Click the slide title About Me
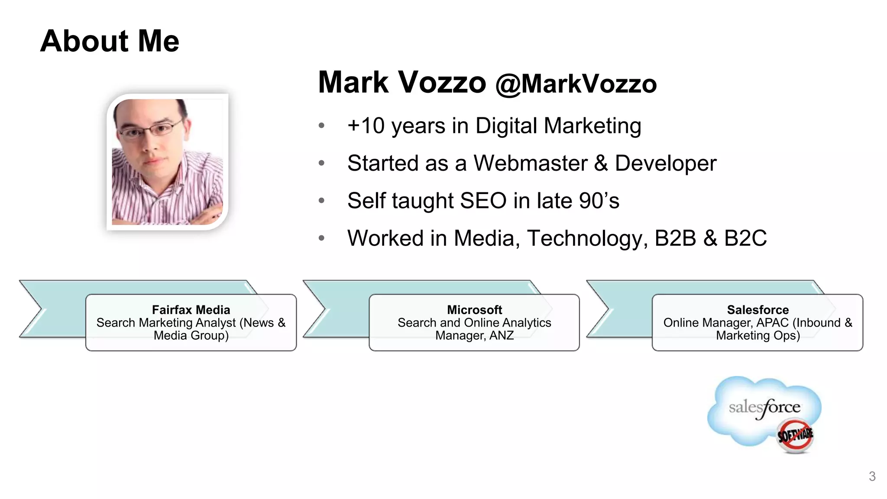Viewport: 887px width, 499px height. coord(110,41)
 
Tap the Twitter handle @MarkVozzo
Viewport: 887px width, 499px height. coord(576,84)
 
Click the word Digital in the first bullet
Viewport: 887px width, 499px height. coord(506,126)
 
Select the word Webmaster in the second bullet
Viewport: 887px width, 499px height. coord(530,163)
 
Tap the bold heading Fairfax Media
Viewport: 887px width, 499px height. coord(191,310)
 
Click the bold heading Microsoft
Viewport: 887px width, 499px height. coord(474,310)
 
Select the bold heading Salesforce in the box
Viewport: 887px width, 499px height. coord(758,310)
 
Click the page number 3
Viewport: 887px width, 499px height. coord(872,476)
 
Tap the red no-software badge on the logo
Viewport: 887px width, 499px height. coord(795,435)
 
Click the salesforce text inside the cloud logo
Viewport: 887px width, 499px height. coord(764,408)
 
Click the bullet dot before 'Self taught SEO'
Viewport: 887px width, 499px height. coord(321,201)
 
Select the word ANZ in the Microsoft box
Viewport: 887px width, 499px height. coord(502,336)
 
